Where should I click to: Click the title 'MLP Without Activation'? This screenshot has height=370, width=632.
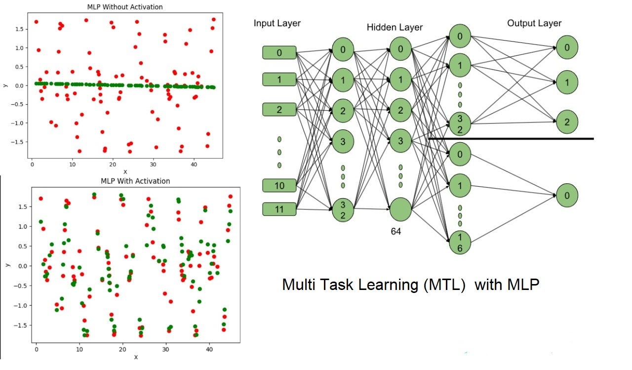pyautogui.click(x=124, y=7)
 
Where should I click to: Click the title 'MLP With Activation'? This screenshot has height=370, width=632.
pyautogui.click(x=135, y=181)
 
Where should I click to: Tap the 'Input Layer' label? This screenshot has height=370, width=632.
pyautogui.click(x=277, y=23)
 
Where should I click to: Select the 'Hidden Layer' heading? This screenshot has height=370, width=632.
pyautogui.click(x=395, y=27)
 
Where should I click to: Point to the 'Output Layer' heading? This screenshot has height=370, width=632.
pyautogui.click(x=534, y=23)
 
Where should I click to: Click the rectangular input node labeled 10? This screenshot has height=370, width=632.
pyautogui.click(x=279, y=186)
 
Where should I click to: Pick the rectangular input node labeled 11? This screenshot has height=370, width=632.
pyautogui.click(x=279, y=209)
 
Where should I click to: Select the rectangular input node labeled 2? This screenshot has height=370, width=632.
pyautogui.click(x=279, y=109)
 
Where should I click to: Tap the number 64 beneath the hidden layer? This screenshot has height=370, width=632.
pyautogui.click(x=396, y=231)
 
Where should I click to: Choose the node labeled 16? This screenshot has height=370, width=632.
pyautogui.click(x=460, y=243)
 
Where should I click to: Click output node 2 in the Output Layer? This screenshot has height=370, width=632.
pyautogui.click(x=567, y=122)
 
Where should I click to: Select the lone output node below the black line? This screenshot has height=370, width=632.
pyautogui.click(x=567, y=196)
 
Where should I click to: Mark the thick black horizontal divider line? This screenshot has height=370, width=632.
pyautogui.click(x=511, y=139)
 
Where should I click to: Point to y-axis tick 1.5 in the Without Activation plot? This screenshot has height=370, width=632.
pyautogui.click(x=19, y=29)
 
